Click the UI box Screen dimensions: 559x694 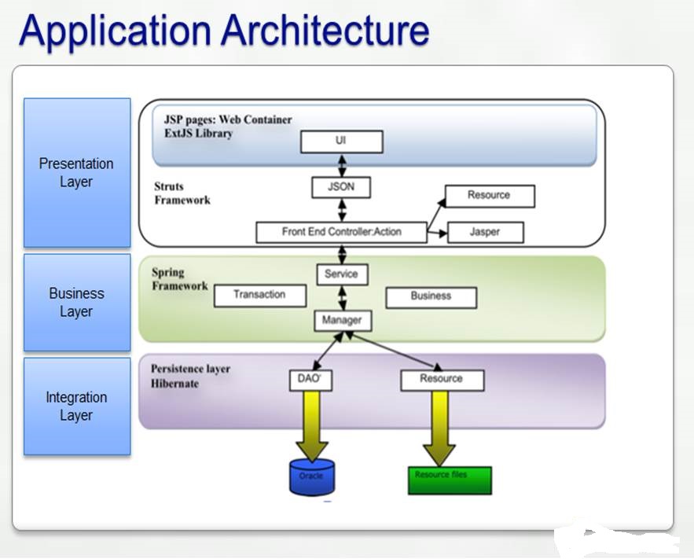coord(341,142)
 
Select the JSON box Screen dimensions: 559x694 coord(341,188)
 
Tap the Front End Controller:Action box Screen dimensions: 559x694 coord(341,232)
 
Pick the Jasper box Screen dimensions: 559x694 coord(484,232)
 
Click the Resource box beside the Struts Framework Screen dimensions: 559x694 coord(490,196)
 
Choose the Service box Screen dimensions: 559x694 coord(341,274)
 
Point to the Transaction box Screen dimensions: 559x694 coord(259,296)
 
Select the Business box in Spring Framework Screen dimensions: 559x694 coord(431,297)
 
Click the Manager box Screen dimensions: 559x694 coord(342,320)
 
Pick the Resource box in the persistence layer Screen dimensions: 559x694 coord(442,380)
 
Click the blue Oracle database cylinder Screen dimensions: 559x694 coord(311,478)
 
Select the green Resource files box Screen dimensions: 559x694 coord(450,480)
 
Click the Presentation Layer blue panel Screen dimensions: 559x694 coord(77,173)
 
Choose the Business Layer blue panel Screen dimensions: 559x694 coord(77,302)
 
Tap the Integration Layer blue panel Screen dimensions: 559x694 coord(77,406)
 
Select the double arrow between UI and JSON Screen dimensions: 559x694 coord(342,165)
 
